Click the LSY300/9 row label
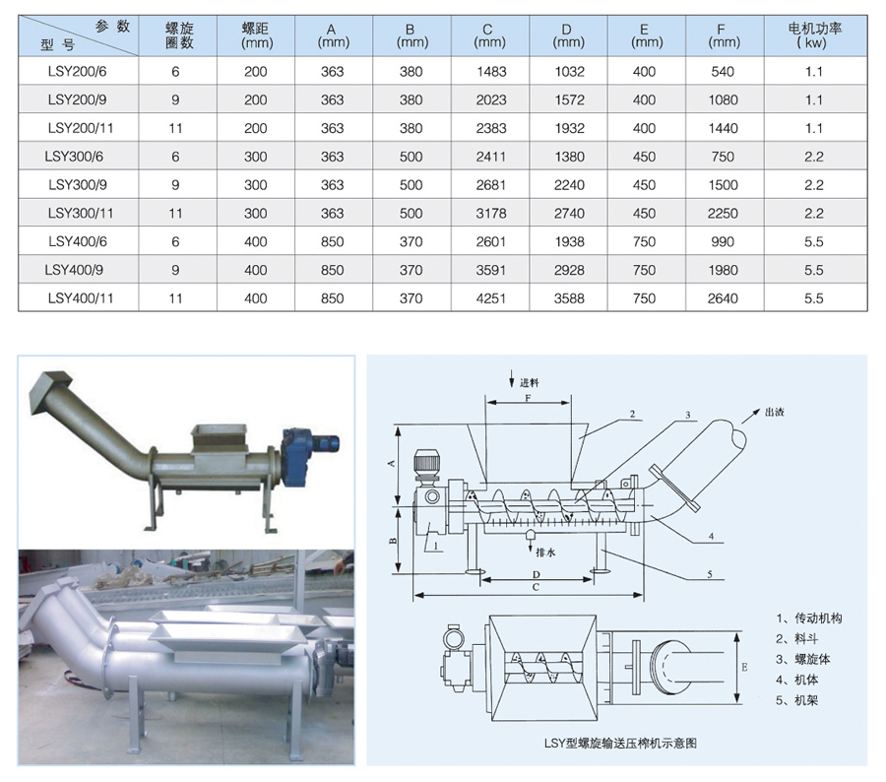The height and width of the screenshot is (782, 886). (x=78, y=185)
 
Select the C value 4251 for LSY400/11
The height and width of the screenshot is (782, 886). (x=490, y=298)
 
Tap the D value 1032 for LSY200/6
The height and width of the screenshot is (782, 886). (x=569, y=72)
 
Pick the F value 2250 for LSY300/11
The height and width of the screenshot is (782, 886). (x=723, y=213)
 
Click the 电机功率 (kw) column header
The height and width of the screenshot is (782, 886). (x=815, y=35)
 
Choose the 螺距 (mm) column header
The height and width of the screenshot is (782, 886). (x=256, y=35)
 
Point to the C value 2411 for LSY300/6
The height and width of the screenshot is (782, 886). (x=490, y=157)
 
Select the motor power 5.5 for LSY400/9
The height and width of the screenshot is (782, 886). (x=814, y=270)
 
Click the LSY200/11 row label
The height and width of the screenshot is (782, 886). (x=81, y=128)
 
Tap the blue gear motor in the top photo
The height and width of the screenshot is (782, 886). (x=305, y=456)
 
